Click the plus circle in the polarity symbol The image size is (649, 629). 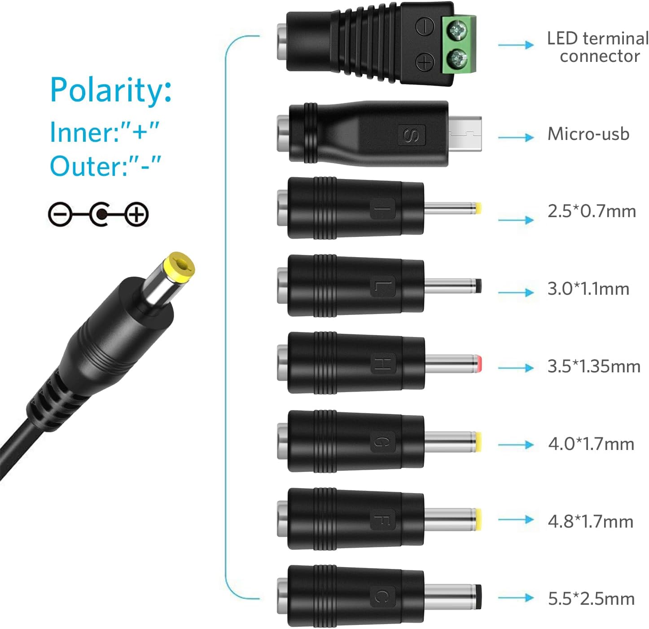point(137,214)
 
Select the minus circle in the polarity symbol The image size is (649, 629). point(60,214)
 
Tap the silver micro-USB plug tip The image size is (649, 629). point(465,134)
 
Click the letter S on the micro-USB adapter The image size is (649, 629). point(412,135)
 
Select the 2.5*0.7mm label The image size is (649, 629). point(592,211)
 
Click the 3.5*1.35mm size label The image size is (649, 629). point(594,367)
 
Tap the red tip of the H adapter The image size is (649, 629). point(479,364)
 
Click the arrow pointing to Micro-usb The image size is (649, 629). point(516,137)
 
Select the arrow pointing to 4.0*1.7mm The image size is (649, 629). point(516,445)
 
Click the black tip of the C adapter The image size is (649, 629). point(479,597)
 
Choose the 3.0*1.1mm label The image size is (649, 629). point(588,288)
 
